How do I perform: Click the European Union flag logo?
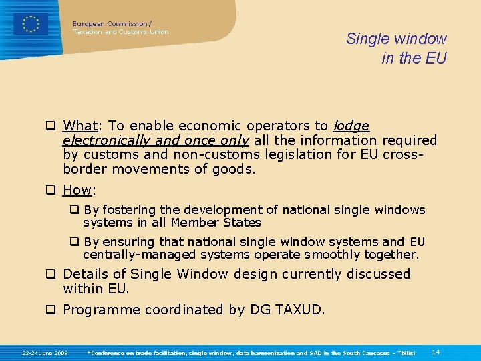31,24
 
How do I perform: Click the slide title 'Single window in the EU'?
396,49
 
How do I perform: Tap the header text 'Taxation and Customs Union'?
120,32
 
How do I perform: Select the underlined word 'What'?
80,126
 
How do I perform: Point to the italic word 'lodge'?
351,126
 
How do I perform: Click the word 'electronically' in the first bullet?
106,140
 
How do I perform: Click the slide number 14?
436,352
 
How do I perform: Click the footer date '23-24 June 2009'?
45,352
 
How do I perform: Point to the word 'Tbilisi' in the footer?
403,352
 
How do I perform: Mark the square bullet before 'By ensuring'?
75,242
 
